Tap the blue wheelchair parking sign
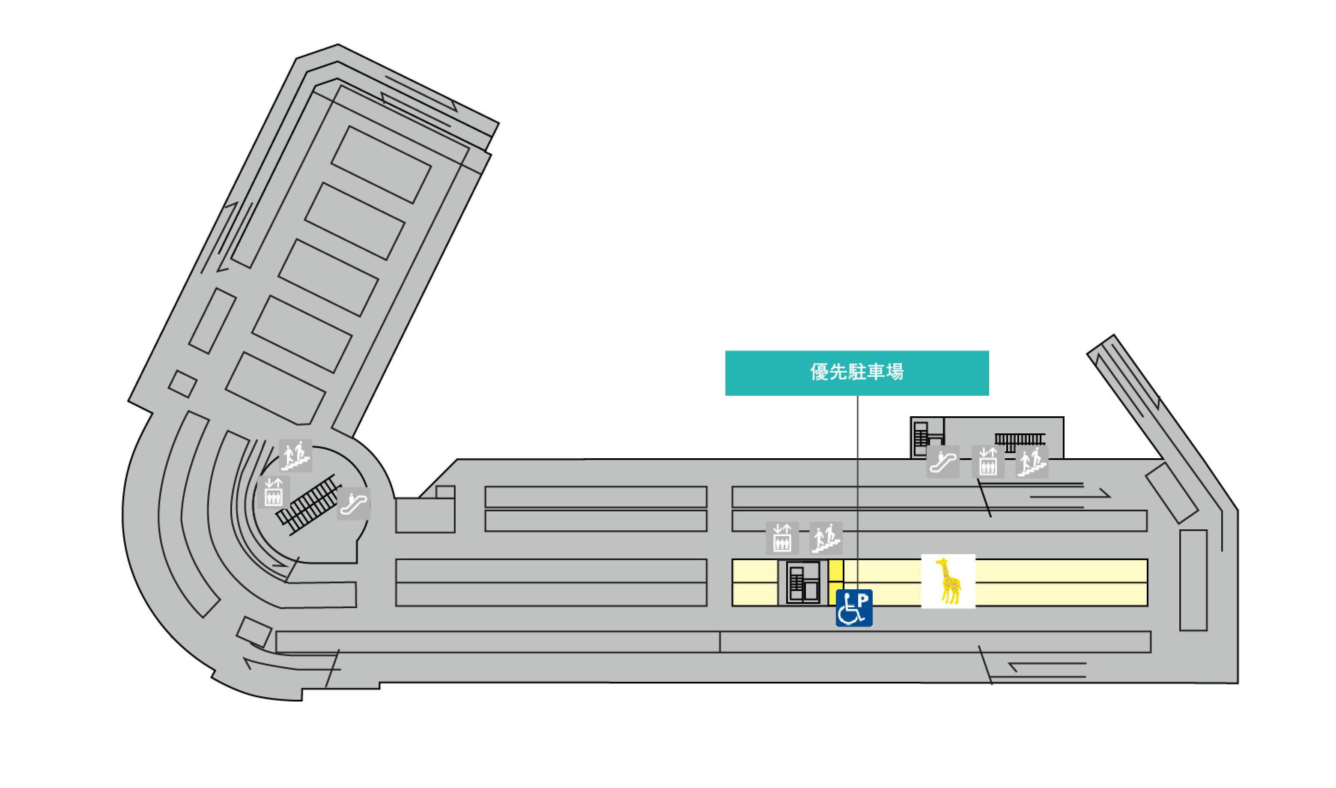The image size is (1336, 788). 853,608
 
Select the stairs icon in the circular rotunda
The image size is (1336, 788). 295,456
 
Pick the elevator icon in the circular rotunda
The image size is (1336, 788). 273,492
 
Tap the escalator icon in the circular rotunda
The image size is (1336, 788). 354,503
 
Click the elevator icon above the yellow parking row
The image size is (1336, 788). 782,538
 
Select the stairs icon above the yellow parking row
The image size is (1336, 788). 826,538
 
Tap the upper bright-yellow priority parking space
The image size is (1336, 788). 836,570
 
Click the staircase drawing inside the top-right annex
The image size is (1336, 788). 1020,440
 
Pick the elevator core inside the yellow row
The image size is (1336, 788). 803,582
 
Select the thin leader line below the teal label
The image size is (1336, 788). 857,478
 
